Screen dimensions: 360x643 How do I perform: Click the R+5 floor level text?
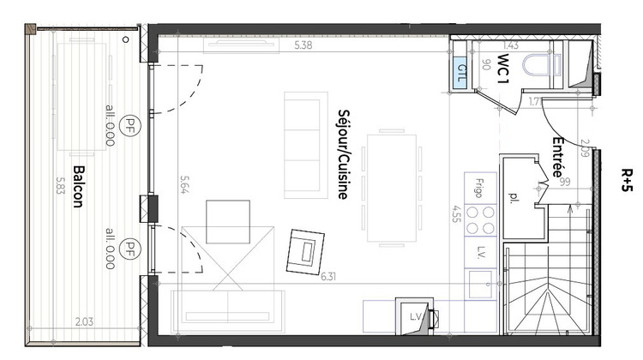click(627, 183)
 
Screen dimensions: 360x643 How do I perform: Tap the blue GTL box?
click(461, 69)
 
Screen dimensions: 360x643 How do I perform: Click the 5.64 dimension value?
click(183, 186)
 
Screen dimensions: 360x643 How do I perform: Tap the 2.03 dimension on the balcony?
click(84, 321)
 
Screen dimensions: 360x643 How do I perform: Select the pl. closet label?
click(514, 197)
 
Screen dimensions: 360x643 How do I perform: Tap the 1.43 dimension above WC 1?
click(512, 46)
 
